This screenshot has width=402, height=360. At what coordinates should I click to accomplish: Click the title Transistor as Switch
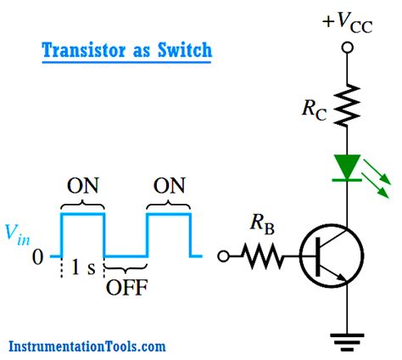pos(126,51)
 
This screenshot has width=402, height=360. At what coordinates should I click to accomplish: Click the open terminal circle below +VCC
pos(346,45)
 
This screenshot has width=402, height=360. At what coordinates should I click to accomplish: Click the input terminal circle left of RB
pos(224,255)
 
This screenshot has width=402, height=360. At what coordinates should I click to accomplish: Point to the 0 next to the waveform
pos(36,255)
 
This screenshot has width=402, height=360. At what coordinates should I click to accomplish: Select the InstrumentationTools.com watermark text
pos(87,346)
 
